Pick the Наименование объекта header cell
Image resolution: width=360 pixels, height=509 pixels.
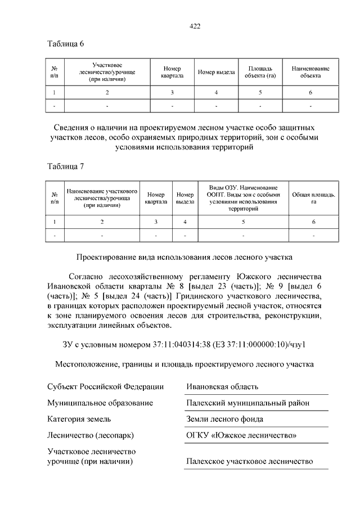[x=310, y=71]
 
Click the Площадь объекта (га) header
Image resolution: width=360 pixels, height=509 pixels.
[x=260, y=71]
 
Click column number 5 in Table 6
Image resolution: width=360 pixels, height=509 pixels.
[x=260, y=92]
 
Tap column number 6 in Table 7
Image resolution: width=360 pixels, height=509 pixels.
[x=313, y=222]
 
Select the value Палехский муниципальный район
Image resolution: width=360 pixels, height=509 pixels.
[x=247, y=403]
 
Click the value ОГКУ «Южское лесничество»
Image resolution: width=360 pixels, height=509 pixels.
[x=241, y=435]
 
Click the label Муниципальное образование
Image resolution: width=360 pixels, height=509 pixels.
[x=100, y=403]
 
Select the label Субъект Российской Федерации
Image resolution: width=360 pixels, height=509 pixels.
[x=105, y=386]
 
